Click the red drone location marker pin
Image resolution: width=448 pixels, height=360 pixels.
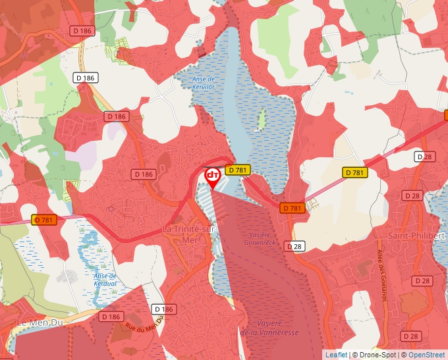[x=213, y=177]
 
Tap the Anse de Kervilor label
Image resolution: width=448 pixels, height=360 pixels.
[x=204, y=82]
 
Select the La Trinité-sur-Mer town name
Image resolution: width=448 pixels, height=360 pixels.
[x=189, y=233]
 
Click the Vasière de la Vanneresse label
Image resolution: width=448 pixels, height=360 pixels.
[x=269, y=328]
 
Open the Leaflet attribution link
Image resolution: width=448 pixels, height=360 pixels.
[x=335, y=355]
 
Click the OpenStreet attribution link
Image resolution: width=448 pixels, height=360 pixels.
[x=426, y=355]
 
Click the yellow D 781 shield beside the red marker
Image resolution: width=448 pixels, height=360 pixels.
[x=238, y=170]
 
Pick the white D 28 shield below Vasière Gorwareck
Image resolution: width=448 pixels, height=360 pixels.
[x=294, y=246]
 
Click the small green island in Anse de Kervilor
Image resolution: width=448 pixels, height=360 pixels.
[x=262, y=119]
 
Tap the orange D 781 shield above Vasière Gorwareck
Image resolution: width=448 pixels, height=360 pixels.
[x=292, y=208]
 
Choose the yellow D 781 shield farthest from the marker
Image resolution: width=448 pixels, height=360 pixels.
[x=354, y=172]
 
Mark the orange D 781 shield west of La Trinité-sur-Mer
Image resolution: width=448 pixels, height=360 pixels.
[x=45, y=220]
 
